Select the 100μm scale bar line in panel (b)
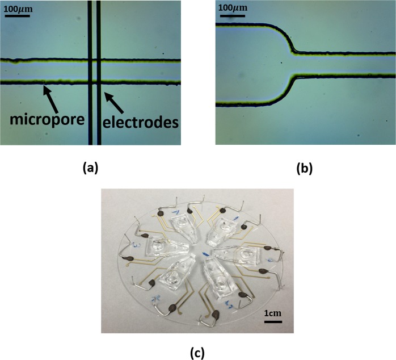point(232,15)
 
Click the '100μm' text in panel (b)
point(233,7)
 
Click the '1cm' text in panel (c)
point(273,312)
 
